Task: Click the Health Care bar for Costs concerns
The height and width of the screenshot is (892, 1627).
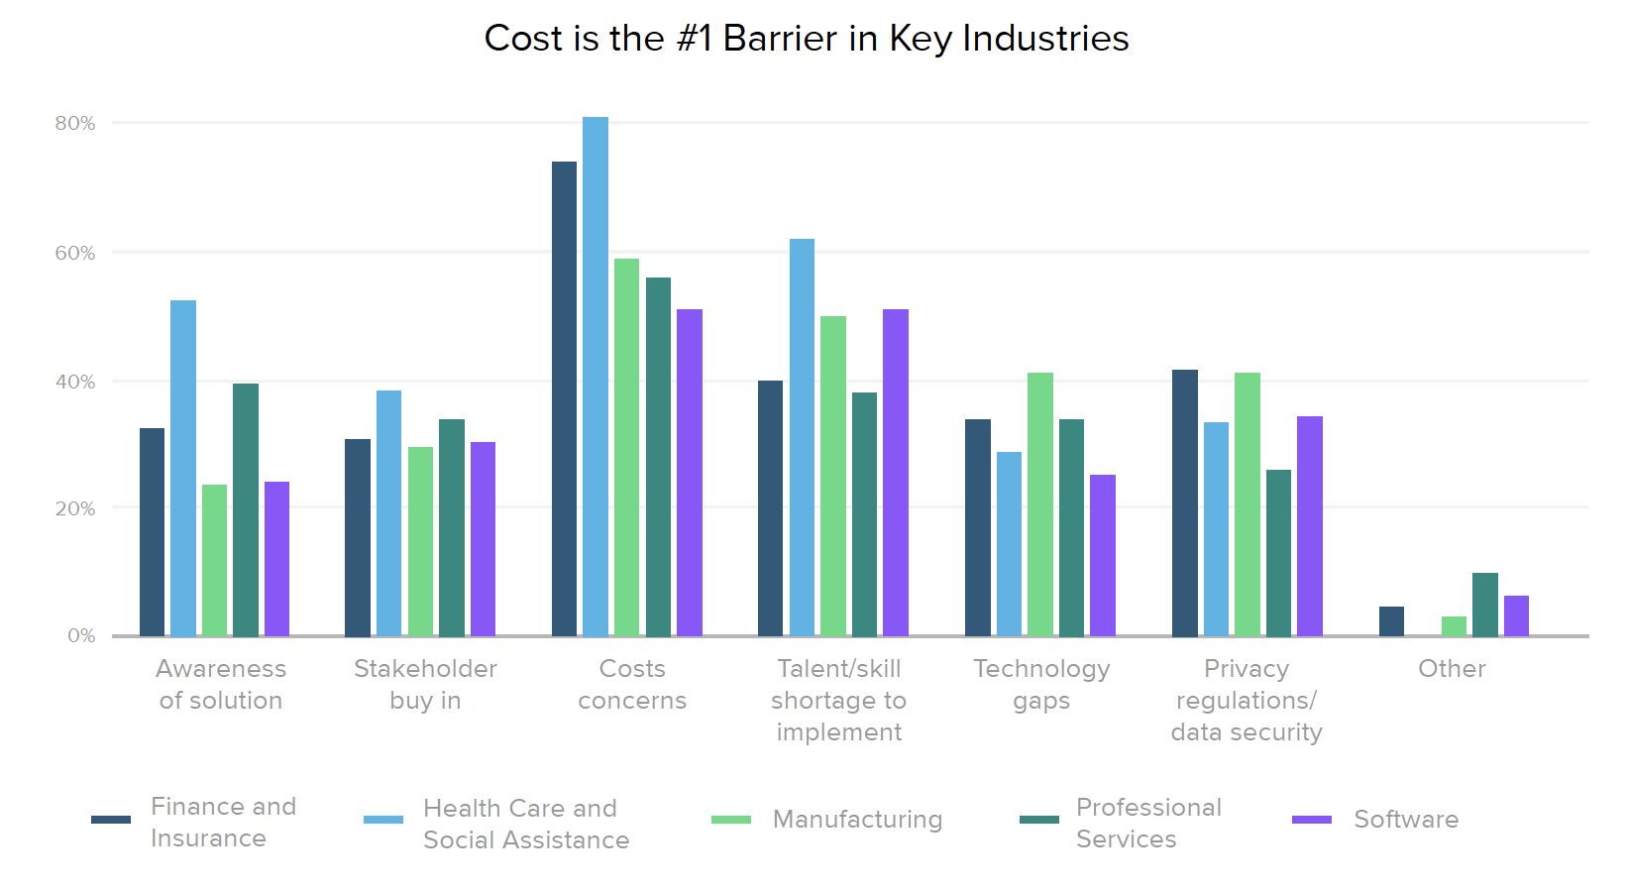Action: coord(596,377)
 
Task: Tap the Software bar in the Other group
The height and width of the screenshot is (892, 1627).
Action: coord(1516,615)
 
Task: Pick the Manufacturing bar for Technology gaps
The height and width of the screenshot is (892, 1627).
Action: coord(1040,504)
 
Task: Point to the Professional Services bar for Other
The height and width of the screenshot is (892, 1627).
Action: coord(1485,605)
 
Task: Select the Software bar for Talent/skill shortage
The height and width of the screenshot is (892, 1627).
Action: coord(896,473)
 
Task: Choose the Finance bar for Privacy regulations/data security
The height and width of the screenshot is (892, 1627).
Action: coord(1185,502)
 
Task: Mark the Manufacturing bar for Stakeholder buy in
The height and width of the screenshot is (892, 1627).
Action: coord(420,541)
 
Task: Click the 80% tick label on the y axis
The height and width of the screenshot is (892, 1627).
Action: coord(75,124)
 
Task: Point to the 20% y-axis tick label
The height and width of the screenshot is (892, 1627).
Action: coord(75,509)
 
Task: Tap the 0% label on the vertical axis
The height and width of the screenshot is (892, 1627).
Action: coord(81,635)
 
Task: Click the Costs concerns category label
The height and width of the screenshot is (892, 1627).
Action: coord(632,685)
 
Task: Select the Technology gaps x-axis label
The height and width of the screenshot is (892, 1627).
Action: coord(1041,685)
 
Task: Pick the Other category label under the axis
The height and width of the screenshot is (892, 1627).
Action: coord(1452,669)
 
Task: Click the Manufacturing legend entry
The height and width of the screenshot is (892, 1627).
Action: coord(857,820)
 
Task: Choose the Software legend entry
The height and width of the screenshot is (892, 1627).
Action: coord(1406,820)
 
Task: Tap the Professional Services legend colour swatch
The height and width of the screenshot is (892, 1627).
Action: coord(1039,820)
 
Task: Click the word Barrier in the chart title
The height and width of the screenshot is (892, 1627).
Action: coord(780,39)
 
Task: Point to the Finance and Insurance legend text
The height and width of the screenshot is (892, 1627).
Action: coord(223,823)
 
